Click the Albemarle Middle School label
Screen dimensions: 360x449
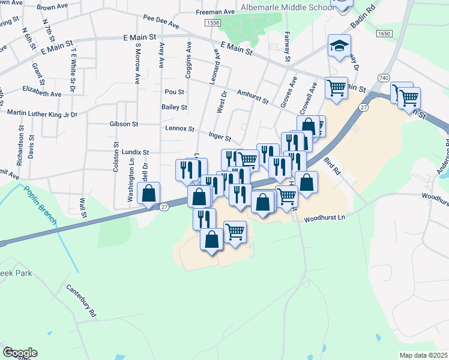coord(286,7)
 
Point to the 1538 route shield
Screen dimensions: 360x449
coord(212,23)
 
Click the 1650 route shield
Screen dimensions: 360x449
coord(384,34)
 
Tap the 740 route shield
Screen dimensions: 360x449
coord(384,78)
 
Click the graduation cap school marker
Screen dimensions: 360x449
coord(339,46)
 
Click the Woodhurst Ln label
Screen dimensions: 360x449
coord(325,220)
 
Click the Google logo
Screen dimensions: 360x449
coord(19,353)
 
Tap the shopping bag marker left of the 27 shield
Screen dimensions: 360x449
coord(148,194)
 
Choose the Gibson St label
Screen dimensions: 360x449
coord(124,124)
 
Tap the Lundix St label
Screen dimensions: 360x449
coord(134,153)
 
